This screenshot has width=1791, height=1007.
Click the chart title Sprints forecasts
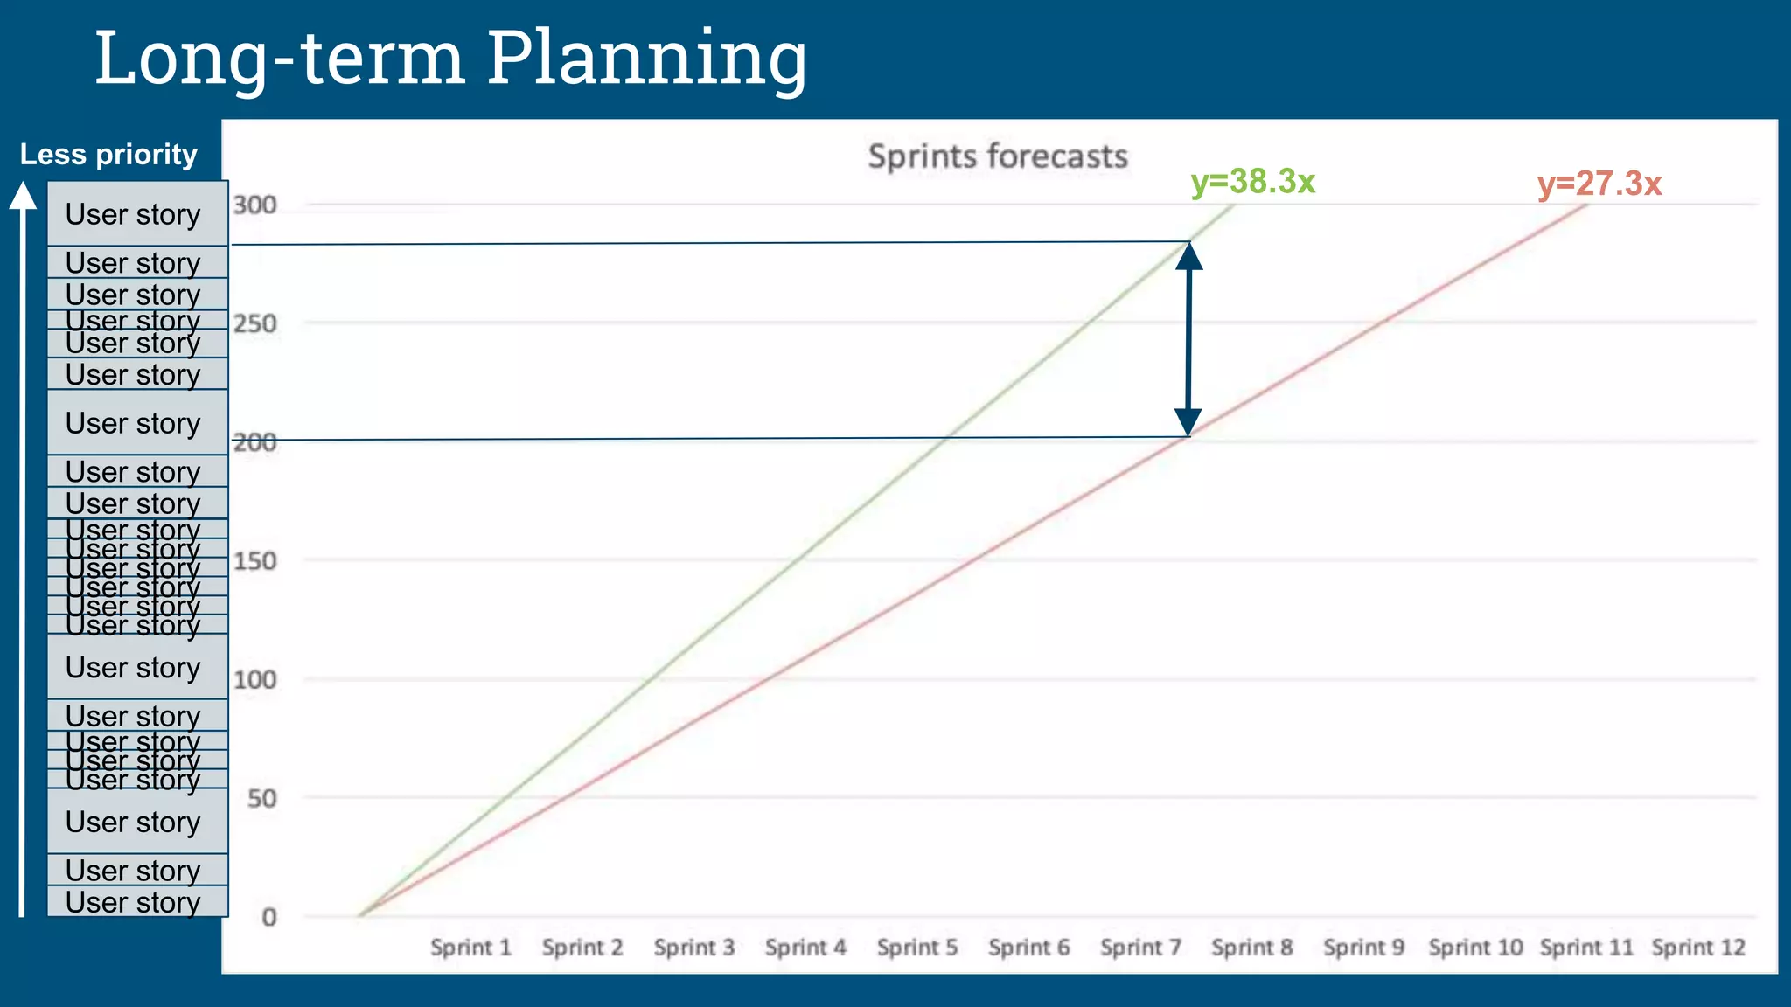pos(997,156)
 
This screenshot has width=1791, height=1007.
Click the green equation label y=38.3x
pos(1252,182)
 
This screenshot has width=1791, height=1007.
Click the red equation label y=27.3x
pos(1599,184)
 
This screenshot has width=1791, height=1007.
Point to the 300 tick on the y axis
pos(254,205)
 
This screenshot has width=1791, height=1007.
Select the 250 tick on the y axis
pos(254,324)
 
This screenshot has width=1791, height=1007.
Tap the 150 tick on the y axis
pos(254,561)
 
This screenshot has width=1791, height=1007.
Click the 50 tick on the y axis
pos(261,798)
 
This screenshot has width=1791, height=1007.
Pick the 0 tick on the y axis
pos(269,917)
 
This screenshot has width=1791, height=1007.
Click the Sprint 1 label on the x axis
pos(470,948)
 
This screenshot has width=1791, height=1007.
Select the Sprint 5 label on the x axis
pos(917,948)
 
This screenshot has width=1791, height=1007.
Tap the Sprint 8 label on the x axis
pos(1251,948)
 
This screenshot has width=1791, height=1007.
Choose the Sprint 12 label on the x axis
pos(1697,948)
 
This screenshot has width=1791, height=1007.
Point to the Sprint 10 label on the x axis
pos(1475,948)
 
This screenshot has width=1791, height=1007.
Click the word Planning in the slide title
pos(646,59)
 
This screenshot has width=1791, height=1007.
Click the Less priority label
pos(108,155)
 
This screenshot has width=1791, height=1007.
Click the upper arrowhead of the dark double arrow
pos(1188,255)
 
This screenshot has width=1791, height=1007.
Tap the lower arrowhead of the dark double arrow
pos(1188,422)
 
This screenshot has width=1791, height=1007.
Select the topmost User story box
pos(137,213)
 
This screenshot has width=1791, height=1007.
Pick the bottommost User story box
pos(137,902)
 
